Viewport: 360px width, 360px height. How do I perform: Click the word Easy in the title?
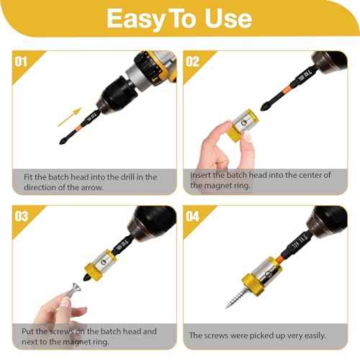coord(136,19)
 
